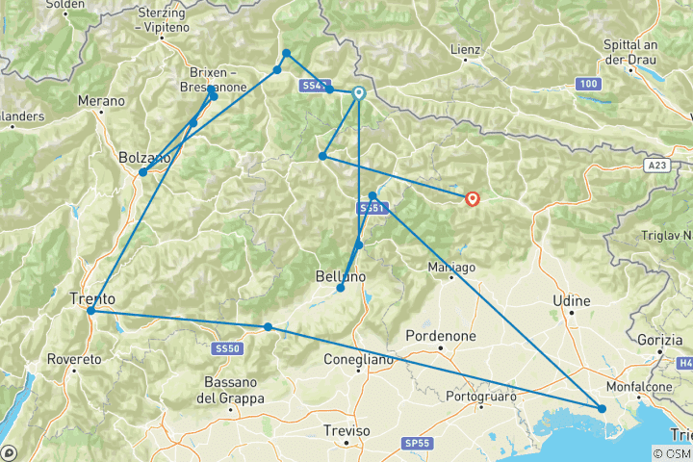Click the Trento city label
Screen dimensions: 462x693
(x=92, y=298)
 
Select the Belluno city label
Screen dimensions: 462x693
(x=341, y=276)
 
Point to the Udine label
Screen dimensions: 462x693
(x=572, y=301)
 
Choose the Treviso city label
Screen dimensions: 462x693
(x=346, y=430)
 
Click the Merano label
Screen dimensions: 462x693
(x=102, y=100)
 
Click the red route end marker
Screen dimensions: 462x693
(x=473, y=198)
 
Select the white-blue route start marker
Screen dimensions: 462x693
(x=359, y=93)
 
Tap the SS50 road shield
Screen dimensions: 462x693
(x=227, y=347)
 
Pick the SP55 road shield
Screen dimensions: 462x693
(x=417, y=443)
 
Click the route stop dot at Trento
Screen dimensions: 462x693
(x=90, y=311)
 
